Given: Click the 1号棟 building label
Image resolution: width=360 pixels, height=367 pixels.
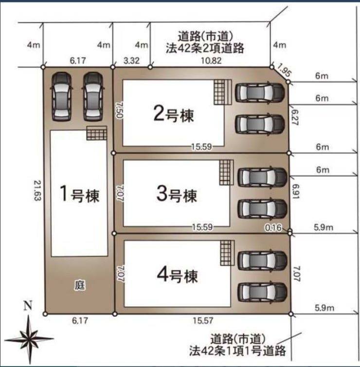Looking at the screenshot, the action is pos(79,194).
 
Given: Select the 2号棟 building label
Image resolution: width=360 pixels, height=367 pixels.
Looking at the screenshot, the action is pos(174,114).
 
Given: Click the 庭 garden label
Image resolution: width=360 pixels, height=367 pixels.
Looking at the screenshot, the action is pos(80,285).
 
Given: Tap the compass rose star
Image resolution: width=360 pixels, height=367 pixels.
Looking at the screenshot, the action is pos(29,338).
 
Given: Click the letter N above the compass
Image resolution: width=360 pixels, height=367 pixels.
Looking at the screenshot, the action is pos(28,305).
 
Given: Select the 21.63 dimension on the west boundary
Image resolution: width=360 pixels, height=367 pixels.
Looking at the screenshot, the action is pos(37,190).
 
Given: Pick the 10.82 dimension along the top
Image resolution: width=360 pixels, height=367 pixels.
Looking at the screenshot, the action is pos(211,61).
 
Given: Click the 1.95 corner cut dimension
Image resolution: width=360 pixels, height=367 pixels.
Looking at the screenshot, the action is pos(284,70).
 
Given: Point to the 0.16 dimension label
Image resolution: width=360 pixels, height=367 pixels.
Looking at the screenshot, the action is pos(273,227).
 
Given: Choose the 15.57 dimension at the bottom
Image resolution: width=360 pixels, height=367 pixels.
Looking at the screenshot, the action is pos(203,320).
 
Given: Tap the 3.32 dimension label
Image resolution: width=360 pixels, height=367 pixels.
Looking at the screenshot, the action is pos(131,61).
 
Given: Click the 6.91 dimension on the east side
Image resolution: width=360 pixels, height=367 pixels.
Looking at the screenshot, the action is pos(296,192).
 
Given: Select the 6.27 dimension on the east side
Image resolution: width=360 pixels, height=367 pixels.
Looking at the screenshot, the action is pos(295,117).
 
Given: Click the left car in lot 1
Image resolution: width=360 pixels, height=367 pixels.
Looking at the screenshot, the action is pos(61,96).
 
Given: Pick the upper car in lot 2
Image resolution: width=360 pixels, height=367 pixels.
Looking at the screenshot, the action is pos(260,93).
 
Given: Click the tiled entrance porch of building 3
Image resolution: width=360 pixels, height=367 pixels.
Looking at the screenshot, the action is pos(227,173).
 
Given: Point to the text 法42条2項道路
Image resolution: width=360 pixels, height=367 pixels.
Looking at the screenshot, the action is pos(205,48).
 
